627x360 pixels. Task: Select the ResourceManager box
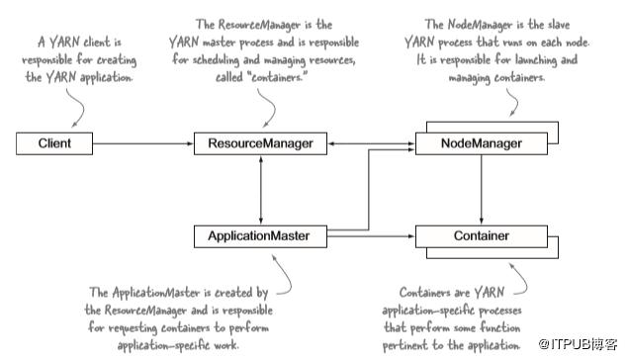pyautogui.click(x=260, y=144)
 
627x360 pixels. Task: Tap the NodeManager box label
pyautogui.click(x=481, y=144)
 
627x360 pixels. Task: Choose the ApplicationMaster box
pyautogui.click(x=260, y=236)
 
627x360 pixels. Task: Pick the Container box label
pyautogui.click(x=481, y=236)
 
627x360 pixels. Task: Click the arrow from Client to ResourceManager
pyautogui.click(x=144, y=144)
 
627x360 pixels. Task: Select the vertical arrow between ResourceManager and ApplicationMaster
pyautogui.click(x=260, y=190)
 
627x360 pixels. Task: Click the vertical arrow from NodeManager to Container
pyautogui.click(x=481, y=190)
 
